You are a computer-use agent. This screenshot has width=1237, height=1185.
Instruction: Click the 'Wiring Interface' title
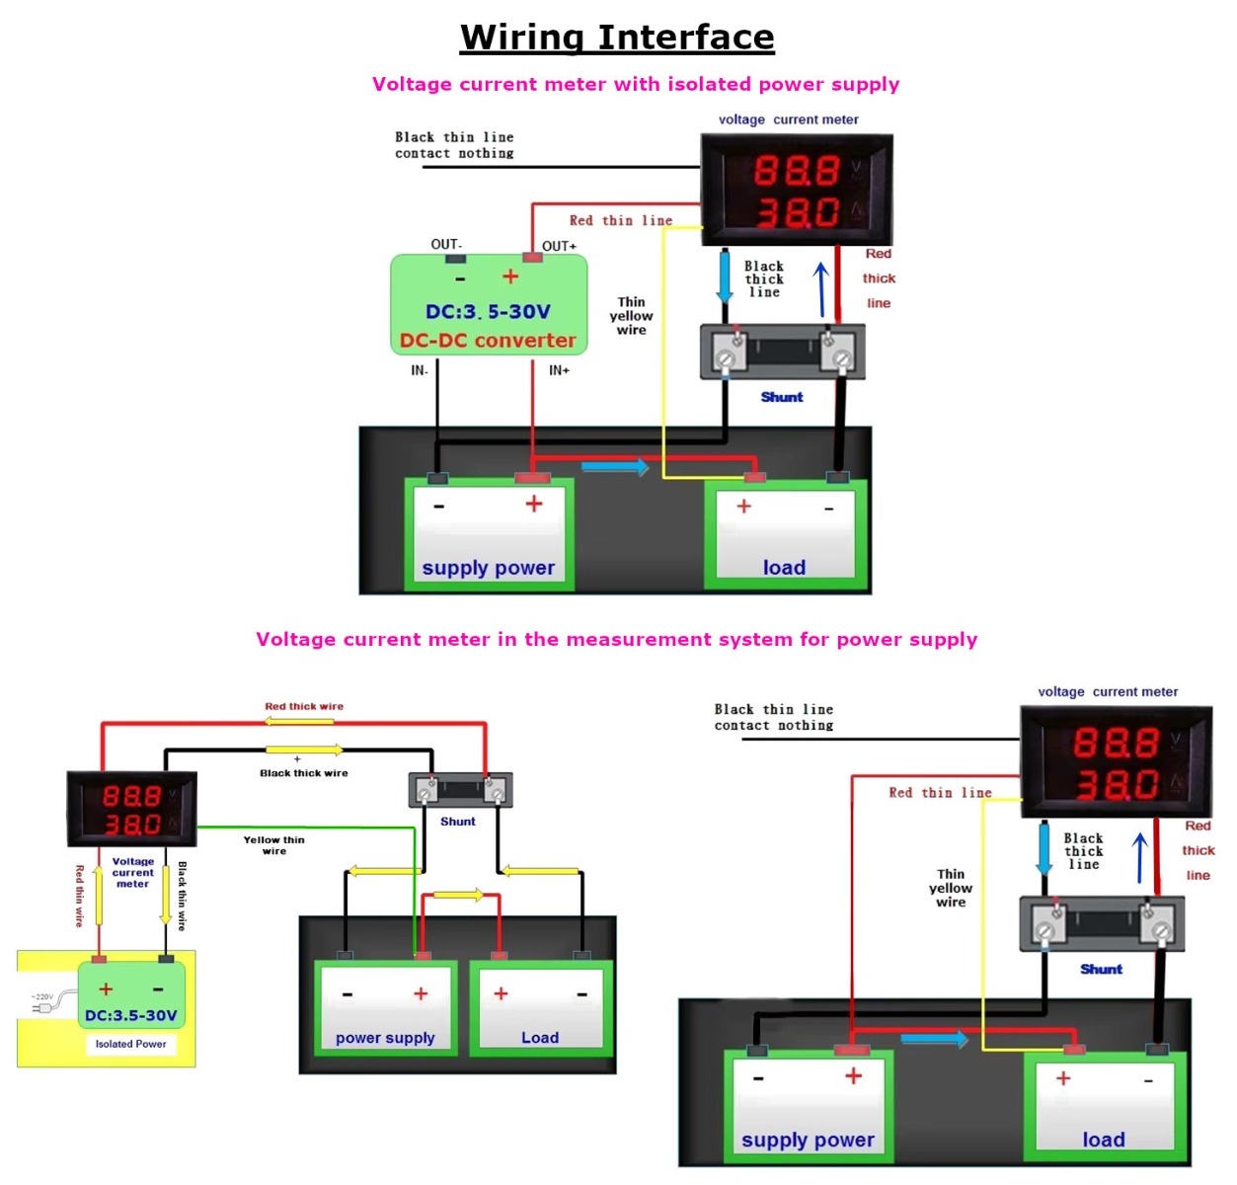coord(617,38)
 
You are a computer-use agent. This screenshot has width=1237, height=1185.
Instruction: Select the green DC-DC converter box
coord(489,304)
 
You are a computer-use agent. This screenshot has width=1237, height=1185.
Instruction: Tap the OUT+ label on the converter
coord(559,246)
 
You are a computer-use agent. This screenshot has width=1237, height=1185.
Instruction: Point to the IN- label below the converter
coord(420,370)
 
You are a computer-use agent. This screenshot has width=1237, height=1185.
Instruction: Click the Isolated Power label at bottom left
coord(130,1044)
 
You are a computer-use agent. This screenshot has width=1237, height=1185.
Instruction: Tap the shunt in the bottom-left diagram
coord(460,790)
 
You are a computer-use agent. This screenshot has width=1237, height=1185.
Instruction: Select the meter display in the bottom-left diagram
coord(131,809)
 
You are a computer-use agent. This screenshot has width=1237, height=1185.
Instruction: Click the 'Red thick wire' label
coord(304,706)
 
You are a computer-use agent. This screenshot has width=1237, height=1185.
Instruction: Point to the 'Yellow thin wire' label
coord(274,845)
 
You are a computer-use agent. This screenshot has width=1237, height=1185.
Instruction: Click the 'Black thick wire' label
coord(304,773)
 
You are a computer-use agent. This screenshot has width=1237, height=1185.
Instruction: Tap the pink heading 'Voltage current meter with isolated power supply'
coord(636,84)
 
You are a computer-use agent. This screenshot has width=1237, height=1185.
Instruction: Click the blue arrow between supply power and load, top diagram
coord(614,466)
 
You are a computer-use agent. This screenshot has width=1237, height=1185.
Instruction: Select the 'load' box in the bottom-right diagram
coord(1104,1106)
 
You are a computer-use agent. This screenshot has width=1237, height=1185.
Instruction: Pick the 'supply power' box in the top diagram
coord(489,534)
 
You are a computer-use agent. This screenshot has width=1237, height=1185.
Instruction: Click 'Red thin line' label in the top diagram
coord(621,220)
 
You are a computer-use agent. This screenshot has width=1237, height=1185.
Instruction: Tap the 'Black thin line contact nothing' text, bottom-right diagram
coord(774,717)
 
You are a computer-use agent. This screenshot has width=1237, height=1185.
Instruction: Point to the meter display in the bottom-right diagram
coord(1116,762)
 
